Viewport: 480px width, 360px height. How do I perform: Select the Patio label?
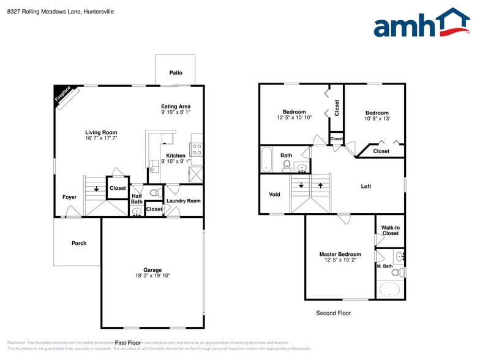coord(176,73)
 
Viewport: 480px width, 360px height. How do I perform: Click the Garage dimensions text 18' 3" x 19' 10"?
coord(152,276)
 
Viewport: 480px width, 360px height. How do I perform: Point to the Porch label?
coord(79,243)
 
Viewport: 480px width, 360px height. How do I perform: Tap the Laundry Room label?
coord(183,201)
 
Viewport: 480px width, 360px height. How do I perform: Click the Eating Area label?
coord(176,107)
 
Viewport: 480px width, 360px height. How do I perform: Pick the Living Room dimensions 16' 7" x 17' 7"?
coord(101,138)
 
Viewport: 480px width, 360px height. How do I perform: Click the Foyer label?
coord(69,197)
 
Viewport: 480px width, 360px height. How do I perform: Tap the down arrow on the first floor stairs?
coord(96,189)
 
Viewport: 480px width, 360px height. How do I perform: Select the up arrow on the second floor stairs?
coord(320,184)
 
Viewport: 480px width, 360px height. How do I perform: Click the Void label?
coord(274,195)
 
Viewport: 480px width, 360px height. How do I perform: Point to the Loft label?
coord(366,186)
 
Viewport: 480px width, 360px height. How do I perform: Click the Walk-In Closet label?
coord(390,230)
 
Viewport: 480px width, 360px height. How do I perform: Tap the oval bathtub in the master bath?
coord(389,289)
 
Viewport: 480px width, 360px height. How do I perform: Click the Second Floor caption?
coord(334,313)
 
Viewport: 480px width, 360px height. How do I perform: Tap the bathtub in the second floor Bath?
coord(266,159)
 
